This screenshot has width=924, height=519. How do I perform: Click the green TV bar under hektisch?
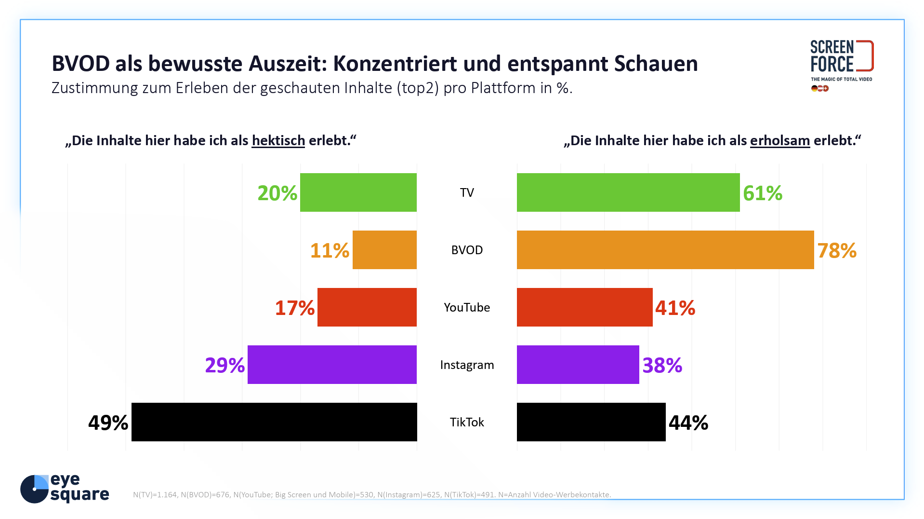click(358, 192)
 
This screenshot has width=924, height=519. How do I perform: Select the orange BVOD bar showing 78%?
click(665, 250)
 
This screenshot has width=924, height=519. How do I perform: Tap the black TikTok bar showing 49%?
click(274, 422)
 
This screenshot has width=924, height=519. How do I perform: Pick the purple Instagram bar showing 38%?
click(578, 365)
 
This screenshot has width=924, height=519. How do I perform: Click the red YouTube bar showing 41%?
click(584, 307)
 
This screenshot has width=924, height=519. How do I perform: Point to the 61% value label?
click(762, 193)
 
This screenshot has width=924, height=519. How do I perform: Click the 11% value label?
click(330, 250)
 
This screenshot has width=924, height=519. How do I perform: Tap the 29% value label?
click(224, 365)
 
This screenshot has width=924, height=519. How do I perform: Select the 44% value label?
click(688, 423)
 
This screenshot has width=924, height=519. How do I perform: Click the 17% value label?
click(294, 308)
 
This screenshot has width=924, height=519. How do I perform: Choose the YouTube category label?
click(466, 307)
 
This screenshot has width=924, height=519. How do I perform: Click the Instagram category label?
click(466, 365)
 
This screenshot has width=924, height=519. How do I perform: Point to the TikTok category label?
click(466, 422)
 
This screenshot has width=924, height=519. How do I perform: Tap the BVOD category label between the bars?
click(466, 250)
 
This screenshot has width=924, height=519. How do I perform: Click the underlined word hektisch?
click(278, 140)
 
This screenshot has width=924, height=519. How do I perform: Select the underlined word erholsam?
click(779, 140)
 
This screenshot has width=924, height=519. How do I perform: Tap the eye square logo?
click(65, 488)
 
